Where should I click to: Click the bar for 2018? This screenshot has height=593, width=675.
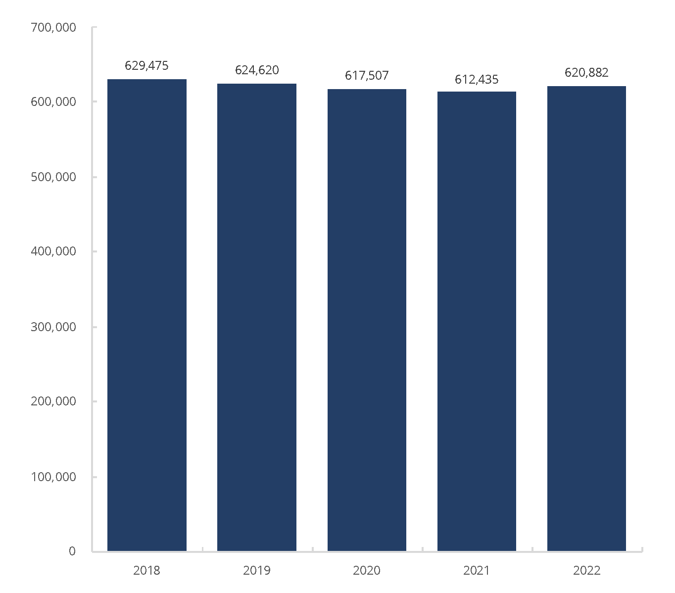[x=147, y=315]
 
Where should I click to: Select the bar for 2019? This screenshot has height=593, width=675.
[x=257, y=317]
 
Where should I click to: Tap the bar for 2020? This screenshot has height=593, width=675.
[x=367, y=320]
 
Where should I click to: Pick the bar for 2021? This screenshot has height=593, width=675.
[x=477, y=321]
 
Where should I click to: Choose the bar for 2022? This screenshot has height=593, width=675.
[x=586, y=318]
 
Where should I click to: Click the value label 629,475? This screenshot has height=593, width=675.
[x=147, y=65]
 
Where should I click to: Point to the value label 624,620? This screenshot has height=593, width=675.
[x=257, y=70]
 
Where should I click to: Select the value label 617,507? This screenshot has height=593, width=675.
[x=367, y=75]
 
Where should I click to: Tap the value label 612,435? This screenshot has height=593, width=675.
[x=477, y=79]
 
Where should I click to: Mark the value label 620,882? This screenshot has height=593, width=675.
[x=586, y=72]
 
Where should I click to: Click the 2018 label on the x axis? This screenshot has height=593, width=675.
[x=147, y=571]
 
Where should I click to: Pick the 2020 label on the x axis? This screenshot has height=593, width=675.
[x=367, y=571]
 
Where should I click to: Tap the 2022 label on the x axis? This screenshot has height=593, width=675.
[x=586, y=571]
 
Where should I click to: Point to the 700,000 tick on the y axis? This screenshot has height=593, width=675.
[x=53, y=28]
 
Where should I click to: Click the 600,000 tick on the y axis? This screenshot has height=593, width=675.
[x=53, y=102]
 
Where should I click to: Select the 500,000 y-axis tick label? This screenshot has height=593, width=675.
[x=53, y=177]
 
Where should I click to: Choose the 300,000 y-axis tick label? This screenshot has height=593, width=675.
[x=53, y=327]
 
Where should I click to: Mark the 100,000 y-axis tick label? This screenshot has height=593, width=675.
[x=53, y=477]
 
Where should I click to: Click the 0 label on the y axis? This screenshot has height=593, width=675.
[x=72, y=551]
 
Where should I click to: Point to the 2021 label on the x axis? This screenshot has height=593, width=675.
[x=477, y=571]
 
